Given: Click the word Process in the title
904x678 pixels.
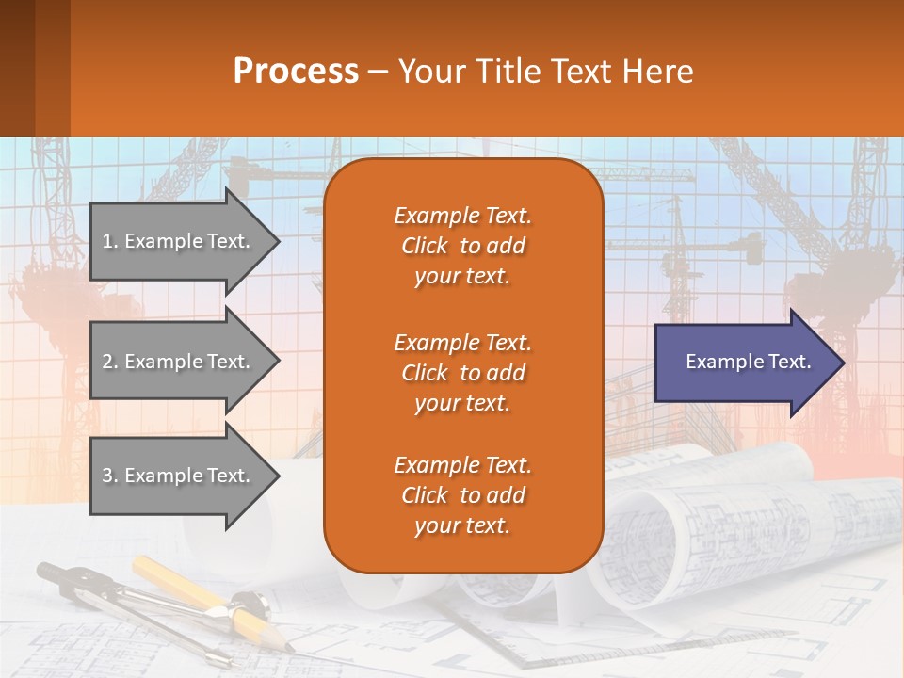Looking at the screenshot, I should (x=296, y=72).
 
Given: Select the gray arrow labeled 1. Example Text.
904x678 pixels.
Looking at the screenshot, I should (x=179, y=241).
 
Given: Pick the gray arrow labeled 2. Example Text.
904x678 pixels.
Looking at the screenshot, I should (x=179, y=362).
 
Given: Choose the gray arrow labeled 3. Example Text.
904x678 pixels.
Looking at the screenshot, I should (x=179, y=476).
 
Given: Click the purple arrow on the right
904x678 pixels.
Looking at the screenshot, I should (x=744, y=363).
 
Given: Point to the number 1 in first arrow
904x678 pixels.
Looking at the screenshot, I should (x=106, y=241).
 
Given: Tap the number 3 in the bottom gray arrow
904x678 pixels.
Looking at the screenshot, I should (x=107, y=476).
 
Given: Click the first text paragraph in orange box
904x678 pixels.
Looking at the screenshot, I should (x=462, y=246).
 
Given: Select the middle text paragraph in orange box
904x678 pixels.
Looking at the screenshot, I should (x=462, y=373).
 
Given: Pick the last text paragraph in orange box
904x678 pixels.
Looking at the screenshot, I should (x=462, y=495).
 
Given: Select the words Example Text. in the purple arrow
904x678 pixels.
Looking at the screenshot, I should (x=748, y=362).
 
